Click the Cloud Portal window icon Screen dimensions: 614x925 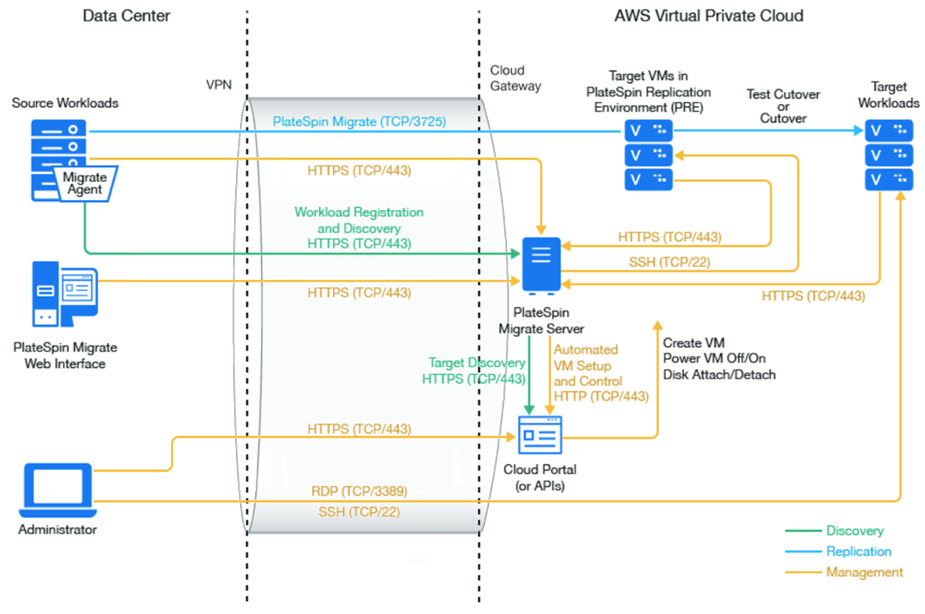click(x=540, y=434)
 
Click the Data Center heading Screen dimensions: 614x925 click(x=126, y=17)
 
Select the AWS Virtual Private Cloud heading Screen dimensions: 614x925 click(x=708, y=17)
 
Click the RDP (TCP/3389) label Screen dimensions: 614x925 click(x=359, y=492)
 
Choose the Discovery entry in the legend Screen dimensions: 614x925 click(x=855, y=531)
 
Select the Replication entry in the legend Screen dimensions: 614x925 click(x=859, y=552)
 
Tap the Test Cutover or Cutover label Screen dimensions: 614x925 click(x=782, y=106)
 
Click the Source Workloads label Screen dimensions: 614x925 click(x=65, y=103)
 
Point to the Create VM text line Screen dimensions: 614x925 click(x=694, y=343)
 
